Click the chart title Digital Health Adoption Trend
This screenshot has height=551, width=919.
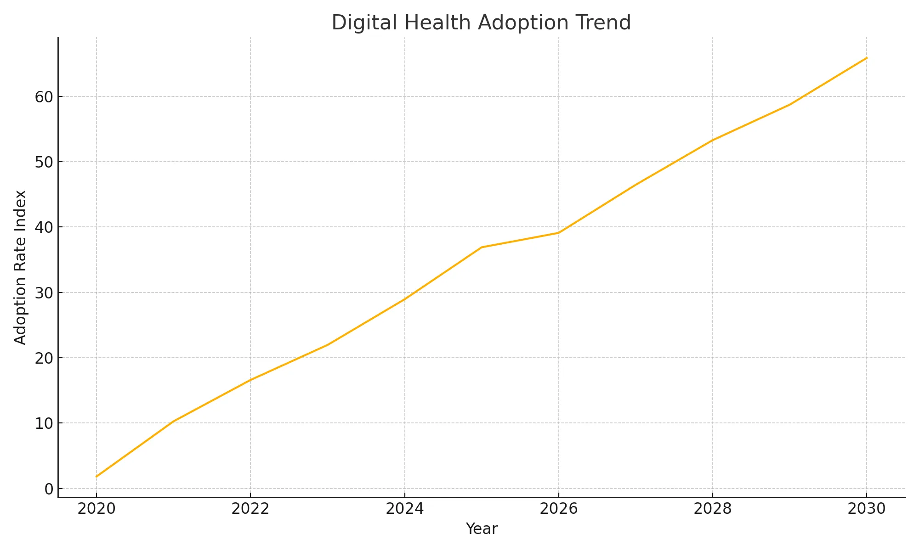tap(481, 23)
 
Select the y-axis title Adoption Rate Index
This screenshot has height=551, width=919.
tap(20, 267)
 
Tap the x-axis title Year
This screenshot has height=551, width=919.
tap(481, 529)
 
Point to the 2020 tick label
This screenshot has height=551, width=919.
tap(96, 509)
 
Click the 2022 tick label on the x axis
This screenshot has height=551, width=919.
tap(250, 509)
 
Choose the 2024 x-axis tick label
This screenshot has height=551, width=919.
tap(404, 509)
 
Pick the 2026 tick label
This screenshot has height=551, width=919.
tap(558, 509)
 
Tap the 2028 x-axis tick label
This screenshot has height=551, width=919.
tap(712, 509)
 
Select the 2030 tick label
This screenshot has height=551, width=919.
tap(866, 509)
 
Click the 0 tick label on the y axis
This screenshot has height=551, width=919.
tap(49, 489)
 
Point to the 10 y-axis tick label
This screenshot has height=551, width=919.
tap(44, 423)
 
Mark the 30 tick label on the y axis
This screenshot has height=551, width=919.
tap(44, 293)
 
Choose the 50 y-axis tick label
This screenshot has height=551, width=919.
tap(44, 162)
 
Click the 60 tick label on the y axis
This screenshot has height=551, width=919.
tap(44, 97)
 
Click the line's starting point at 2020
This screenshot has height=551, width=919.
tap(96, 477)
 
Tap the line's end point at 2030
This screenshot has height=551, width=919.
tap(867, 58)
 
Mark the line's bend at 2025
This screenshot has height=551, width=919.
tap(481, 247)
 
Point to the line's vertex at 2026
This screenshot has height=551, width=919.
tap(558, 233)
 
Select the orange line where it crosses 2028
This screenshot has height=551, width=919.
tap(712, 140)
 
